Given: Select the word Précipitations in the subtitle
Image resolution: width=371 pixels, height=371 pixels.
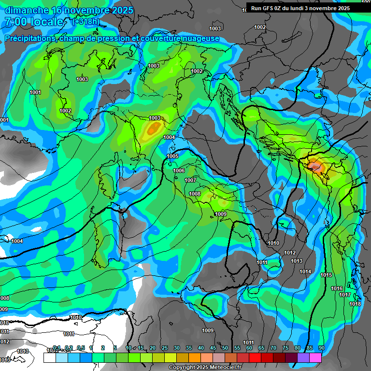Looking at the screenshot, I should click(29, 38).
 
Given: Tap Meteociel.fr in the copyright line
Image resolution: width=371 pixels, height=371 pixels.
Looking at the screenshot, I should click(232, 368).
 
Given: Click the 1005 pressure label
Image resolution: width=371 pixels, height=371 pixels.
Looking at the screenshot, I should click(172, 156).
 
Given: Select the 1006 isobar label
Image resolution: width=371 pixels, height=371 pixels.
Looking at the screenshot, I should click(179, 171).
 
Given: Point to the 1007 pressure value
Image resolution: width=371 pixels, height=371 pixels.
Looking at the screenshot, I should click(190, 180).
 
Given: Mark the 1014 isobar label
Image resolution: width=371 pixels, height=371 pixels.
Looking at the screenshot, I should click(305, 271).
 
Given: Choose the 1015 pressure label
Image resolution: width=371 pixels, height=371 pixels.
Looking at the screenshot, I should click(326, 275).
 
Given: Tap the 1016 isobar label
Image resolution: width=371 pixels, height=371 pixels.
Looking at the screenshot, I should click(337, 288).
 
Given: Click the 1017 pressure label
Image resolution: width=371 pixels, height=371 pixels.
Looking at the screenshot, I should click(345, 295).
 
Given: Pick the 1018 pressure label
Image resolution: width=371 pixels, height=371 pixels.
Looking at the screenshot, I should click(355, 304).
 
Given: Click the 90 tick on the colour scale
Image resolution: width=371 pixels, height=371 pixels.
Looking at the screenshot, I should click(321, 348).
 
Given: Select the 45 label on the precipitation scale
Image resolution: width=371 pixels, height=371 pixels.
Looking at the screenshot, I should click(213, 348).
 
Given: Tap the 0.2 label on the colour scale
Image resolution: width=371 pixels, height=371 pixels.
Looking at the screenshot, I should click(68, 348).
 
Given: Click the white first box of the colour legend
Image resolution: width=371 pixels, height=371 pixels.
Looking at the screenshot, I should click(49, 358).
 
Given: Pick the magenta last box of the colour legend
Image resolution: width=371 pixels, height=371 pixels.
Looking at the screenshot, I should click(315, 358).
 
